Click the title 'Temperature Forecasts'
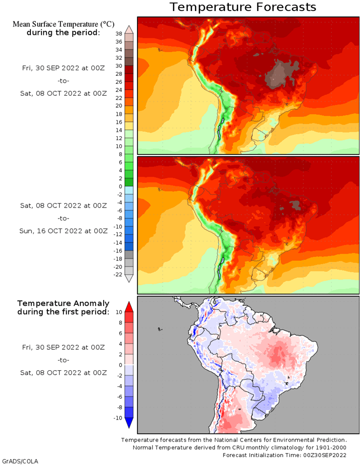point(243,7)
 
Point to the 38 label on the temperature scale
point(119,33)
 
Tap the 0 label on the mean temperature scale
point(120,186)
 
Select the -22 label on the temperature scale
point(118,274)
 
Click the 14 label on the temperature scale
point(119,130)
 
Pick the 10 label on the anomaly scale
point(119,312)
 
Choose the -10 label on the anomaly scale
point(118,418)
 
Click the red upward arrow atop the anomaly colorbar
point(129,307)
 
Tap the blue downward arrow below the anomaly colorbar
point(129,423)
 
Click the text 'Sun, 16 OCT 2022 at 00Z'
point(63,231)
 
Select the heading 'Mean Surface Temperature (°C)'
point(63,24)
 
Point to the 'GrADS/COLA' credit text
point(20,461)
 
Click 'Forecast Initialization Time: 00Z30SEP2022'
point(285,455)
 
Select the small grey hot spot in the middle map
point(295,205)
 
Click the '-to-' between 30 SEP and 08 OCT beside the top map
point(63,81)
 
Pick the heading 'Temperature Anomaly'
point(63,303)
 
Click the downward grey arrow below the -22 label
point(129,278)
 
